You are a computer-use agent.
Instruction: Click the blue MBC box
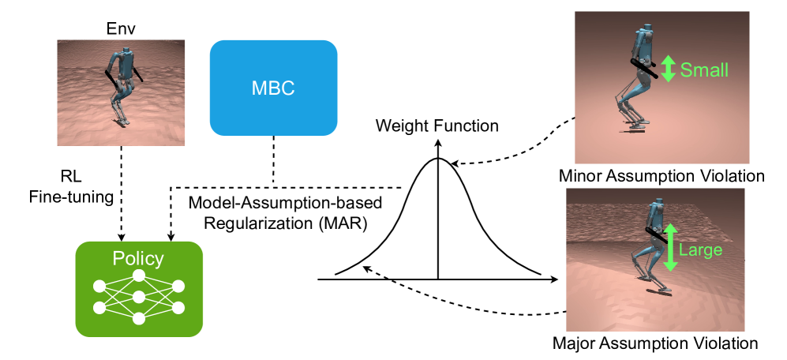pos(273,87)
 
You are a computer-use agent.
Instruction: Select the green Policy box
pos(139,288)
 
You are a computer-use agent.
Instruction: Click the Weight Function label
pos(437,126)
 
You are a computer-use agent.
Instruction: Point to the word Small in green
pos(705,69)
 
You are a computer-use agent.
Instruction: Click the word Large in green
pos(700,250)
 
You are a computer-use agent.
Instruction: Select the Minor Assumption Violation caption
pos(661,175)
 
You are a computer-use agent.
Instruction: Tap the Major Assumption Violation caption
pos(656,343)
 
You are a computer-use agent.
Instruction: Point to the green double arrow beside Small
pos(668,69)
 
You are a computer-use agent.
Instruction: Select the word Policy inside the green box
pos(139,258)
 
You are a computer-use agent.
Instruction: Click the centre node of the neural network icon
pos(139,296)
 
